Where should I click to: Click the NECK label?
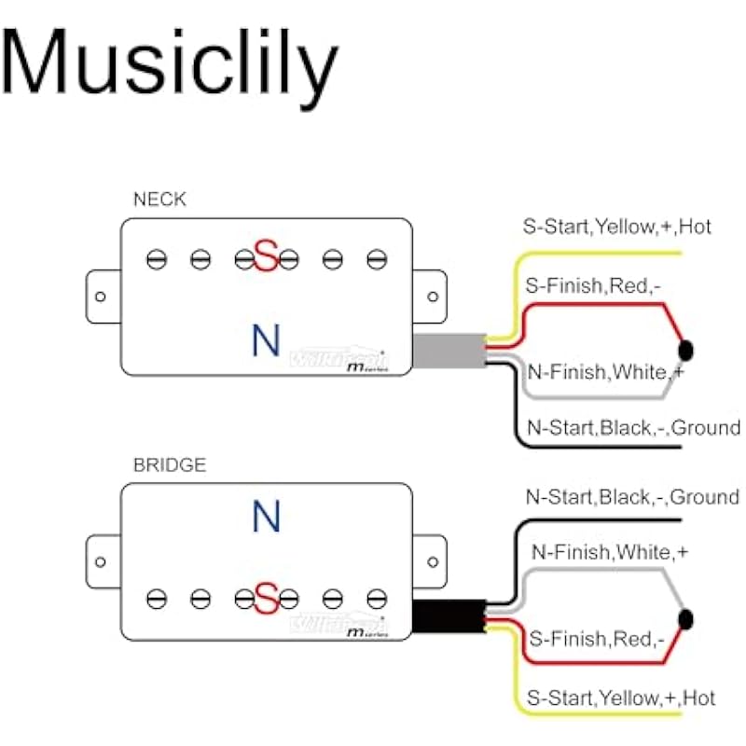tap(160, 199)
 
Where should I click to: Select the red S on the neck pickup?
tap(267, 256)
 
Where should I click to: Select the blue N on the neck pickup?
tap(266, 341)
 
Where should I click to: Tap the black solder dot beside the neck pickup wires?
tap(687, 351)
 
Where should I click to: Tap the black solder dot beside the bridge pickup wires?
tap(687, 619)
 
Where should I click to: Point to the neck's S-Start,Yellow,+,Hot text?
tap(616, 227)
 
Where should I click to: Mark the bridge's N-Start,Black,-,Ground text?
tap(631, 497)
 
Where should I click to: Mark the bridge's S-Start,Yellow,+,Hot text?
tap(620, 698)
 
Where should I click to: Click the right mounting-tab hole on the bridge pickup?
tap(433, 562)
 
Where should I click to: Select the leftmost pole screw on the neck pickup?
tap(157, 259)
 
